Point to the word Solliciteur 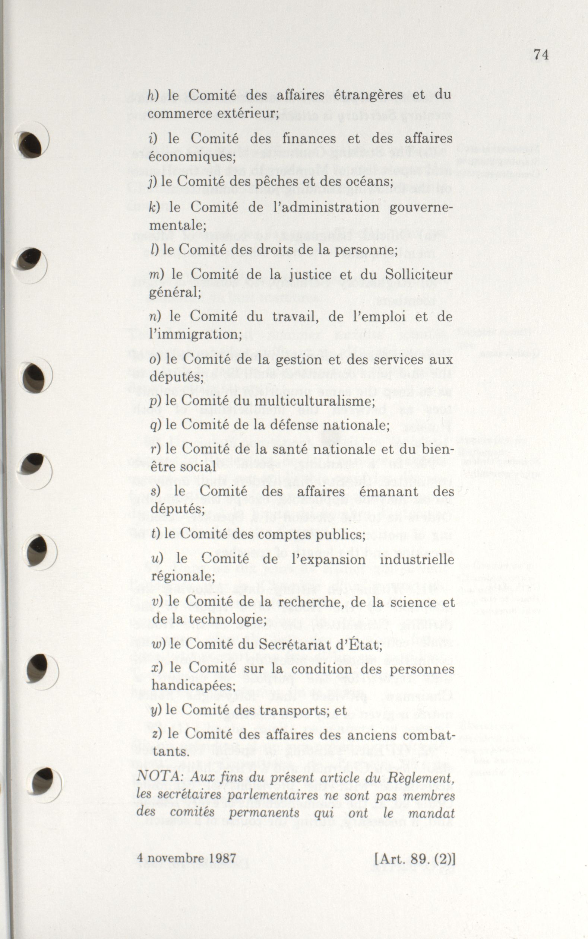pyautogui.click(x=419, y=274)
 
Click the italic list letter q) pyautogui.click(x=155, y=425)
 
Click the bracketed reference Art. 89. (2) pyautogui.click(x=414, y=858)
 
